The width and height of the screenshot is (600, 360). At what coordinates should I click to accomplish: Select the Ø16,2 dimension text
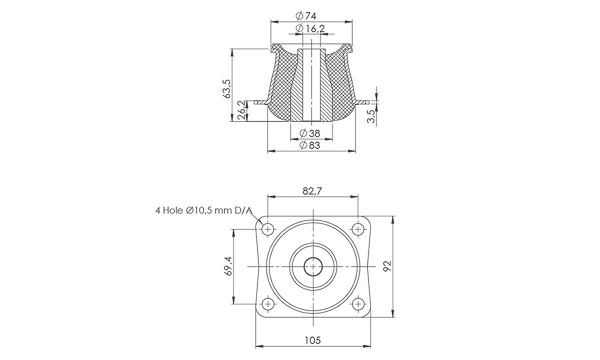(310, 29)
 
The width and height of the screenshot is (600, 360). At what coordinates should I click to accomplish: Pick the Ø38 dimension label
(310, 133)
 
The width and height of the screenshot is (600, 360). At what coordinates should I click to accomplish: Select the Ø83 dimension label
(310, 145)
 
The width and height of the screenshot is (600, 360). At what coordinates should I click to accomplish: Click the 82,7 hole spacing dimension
(312, 190)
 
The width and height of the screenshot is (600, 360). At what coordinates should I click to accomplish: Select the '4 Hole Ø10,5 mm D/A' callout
(203, 211)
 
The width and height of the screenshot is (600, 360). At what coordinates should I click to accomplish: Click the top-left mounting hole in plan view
(268, 229)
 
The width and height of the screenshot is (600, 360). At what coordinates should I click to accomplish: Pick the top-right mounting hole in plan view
(357, 229)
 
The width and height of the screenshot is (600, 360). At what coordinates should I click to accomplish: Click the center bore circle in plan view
(313, 266)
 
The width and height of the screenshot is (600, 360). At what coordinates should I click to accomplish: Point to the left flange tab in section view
(260, 102)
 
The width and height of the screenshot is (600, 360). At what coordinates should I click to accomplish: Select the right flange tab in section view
(364, 101)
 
